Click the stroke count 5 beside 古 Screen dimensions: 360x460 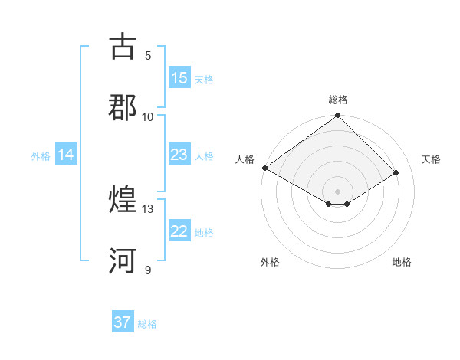148,56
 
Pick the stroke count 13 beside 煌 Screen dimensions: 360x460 148,208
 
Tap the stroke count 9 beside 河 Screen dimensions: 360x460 148,270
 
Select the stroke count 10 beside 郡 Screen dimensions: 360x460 148,116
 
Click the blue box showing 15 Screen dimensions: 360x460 179,78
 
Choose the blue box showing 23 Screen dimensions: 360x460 179,155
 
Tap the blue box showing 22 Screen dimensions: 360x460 179,231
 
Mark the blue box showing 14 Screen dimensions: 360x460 66,155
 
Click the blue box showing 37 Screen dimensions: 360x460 123,322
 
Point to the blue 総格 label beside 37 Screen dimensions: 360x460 147,324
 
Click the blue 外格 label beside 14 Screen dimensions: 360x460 41,156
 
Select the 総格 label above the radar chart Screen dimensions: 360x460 338,100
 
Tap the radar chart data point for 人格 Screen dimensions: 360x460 264,168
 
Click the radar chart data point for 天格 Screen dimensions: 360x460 397,172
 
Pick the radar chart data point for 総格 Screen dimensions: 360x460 338,116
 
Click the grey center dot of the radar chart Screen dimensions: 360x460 338,191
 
